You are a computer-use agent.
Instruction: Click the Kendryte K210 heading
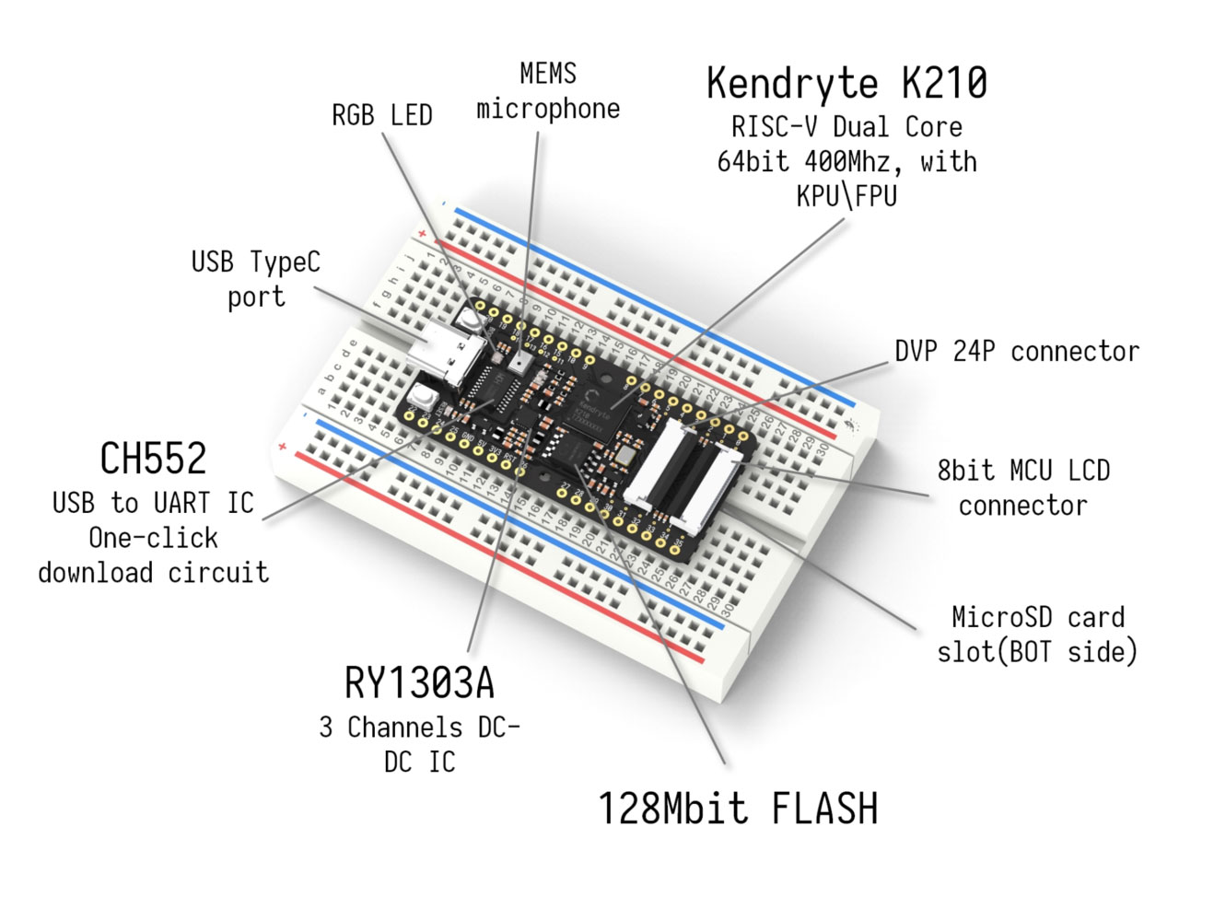(846, 83)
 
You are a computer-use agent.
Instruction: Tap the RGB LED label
(381, 115)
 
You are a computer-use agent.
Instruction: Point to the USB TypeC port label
(255, 278)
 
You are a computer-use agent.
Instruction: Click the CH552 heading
(153, 459)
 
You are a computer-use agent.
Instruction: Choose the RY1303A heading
(419, 683)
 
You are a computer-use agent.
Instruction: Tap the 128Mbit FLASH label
(738, 809)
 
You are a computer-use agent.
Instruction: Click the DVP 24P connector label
(1016, 352)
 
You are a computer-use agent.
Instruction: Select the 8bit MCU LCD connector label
(1022, 487)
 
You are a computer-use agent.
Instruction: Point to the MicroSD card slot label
(1036, 634)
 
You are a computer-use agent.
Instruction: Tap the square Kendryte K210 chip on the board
(600, 405)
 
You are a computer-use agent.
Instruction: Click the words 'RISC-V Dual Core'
(846, 127)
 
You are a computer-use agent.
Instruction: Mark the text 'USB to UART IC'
(153, 503)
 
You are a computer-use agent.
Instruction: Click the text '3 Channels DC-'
(419, 727)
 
